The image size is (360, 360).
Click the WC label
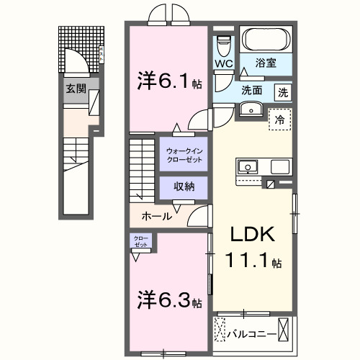point(223,64)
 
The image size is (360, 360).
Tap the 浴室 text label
point(270,63)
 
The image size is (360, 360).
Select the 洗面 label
point(252,91)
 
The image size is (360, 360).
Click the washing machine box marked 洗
point(284,91)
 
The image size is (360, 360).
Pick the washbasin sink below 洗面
point(251,109)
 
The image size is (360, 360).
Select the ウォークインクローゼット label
point(184,154)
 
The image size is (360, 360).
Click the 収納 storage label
point(184,186)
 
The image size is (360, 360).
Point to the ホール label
point(156,215)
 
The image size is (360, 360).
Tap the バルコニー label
point(251,333)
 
